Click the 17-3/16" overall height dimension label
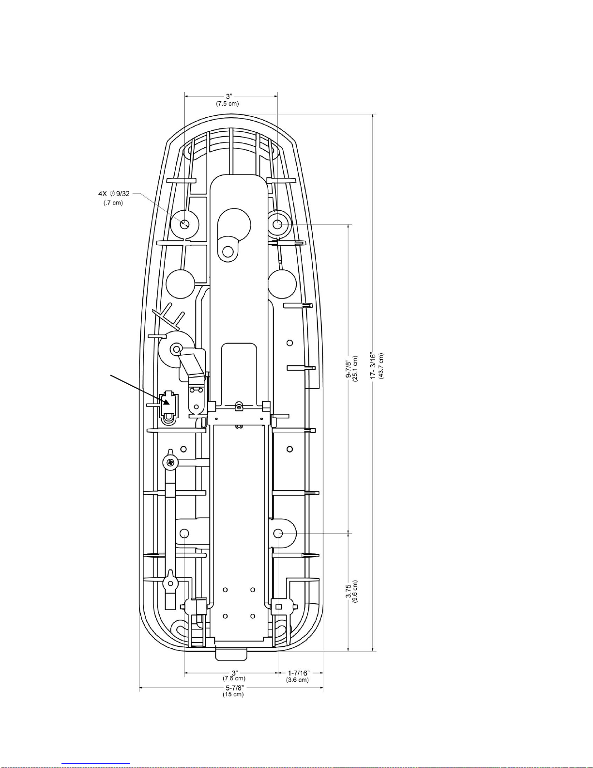(373, 365)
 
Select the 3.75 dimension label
(349, 591)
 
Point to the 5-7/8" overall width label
(235, 688)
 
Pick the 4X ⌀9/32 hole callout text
(114, 194)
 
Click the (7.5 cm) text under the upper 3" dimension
(228, 104)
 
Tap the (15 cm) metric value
(233, 694)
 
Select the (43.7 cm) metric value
(381, 366)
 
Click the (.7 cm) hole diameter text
(113, 203)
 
